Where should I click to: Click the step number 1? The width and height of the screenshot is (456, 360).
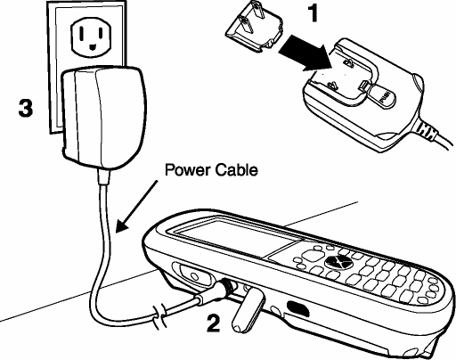[313, 13]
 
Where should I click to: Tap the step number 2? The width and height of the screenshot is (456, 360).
[214, 323]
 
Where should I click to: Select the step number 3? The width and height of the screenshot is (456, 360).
[26, 108]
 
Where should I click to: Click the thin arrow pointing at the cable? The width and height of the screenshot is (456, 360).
[136, 206]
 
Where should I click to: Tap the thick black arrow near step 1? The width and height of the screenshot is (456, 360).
[305, 54]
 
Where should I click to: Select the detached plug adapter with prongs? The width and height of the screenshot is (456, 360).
[255, 29]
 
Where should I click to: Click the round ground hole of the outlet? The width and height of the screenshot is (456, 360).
[93, 46]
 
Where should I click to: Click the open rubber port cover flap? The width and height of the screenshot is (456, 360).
[248, 311]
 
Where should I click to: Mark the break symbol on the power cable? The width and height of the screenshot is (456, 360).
[159, 319]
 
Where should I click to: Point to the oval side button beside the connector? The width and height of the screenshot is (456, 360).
[192, 274]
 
